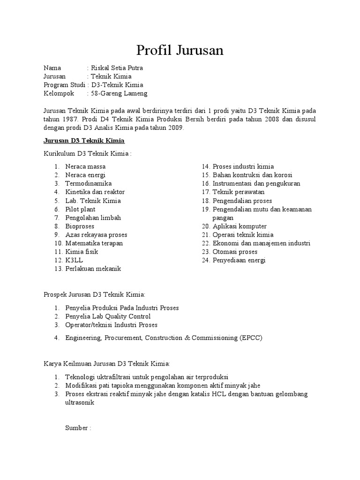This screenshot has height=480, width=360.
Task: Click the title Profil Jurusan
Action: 180,50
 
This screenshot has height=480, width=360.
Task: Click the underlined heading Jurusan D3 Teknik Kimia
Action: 84,141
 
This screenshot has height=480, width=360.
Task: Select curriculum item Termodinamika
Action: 88,183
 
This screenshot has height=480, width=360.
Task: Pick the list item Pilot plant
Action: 80,209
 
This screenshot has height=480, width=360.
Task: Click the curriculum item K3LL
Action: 74,260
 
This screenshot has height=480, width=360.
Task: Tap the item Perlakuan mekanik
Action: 93,269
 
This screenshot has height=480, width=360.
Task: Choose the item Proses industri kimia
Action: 243,166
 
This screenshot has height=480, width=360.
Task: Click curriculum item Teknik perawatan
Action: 238,192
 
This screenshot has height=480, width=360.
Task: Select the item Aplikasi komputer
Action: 239,226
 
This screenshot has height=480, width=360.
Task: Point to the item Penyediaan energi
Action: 239,260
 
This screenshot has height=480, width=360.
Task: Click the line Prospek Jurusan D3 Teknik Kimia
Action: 95,294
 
